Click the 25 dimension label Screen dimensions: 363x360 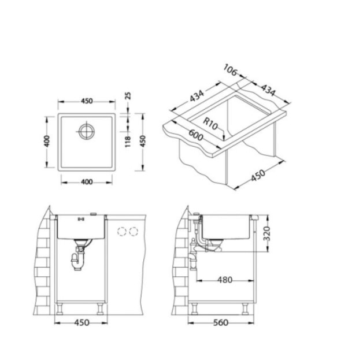click(128, 96)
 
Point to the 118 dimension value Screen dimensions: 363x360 click(128, 142)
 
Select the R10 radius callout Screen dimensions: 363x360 click(210, 124)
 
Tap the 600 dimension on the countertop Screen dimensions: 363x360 click(196, 135)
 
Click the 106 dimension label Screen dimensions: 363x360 click(231, 70)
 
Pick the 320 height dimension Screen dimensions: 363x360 click(267, 233)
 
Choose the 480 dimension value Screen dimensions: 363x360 click(224, 280)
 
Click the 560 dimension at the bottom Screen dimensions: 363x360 click(221, 322)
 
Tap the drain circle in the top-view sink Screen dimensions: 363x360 click(86, 131)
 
